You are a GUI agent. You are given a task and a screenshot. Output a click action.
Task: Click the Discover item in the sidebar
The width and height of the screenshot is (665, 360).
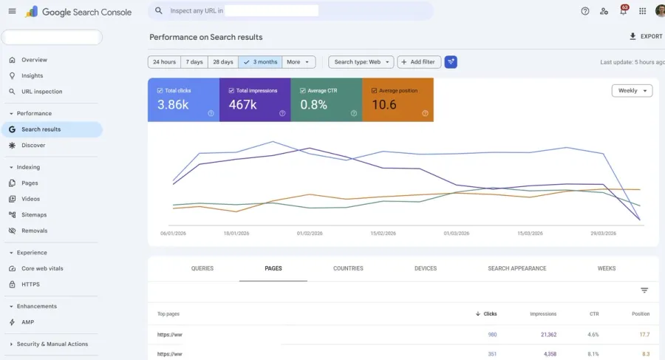[33, 146]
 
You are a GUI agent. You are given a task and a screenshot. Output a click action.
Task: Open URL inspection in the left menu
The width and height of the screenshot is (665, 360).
[41, 92]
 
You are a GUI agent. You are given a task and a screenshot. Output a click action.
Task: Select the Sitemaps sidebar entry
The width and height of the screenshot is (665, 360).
[34, 215]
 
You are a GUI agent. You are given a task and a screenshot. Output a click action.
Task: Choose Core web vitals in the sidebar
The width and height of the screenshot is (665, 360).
[42, 268]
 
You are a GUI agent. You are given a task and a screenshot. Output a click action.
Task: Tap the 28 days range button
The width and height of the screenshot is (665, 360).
[222, 62]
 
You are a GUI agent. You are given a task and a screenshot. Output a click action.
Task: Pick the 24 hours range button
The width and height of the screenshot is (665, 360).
[163, 62]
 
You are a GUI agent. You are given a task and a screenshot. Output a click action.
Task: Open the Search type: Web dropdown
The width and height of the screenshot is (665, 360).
[361, 62]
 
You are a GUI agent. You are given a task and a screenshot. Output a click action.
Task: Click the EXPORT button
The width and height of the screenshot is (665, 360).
[646, 36]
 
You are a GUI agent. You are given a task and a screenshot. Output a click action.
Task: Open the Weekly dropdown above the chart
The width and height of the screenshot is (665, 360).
[632, 91]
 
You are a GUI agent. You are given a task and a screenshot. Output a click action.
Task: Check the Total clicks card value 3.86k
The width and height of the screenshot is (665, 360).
[173, 105]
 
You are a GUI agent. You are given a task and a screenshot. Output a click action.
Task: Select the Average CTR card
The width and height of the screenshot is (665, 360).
[326, 100]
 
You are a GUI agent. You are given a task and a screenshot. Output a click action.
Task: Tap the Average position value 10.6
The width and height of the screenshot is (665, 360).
[384, 105]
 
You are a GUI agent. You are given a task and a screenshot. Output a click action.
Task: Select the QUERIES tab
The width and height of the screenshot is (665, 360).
[202, 268]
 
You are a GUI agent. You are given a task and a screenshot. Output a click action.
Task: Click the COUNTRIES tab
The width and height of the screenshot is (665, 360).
[348, 268]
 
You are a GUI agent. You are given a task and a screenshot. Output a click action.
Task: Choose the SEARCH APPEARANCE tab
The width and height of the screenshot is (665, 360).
[516, 268]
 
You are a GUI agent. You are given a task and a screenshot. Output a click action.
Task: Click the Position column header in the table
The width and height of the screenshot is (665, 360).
[641, 314]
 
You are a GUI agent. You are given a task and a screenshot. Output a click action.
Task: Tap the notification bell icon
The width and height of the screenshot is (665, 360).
[623, 11]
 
